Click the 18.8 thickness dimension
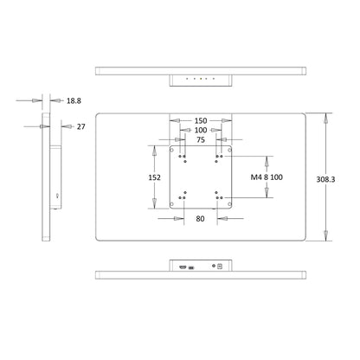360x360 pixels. coord(74,100)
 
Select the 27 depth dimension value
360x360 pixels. coord(81,126)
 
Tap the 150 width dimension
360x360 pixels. coord(201,120)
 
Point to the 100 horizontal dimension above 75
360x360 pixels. coord(201,130)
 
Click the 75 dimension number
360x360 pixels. coord(201,140)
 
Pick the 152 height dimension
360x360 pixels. coord(155,177)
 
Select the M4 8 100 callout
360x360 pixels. coord(267,177)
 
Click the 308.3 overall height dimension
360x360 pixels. coord(325,179)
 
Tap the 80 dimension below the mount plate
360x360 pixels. coord(200,219)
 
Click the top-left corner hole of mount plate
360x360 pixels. coord(172,150)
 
